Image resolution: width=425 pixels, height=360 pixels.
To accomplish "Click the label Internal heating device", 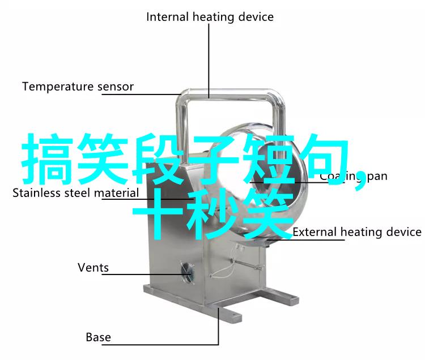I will pos(210,17).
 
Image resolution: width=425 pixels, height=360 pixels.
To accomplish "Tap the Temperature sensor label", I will pos(78,87).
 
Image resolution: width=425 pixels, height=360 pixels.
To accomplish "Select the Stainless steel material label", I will pos(75,193).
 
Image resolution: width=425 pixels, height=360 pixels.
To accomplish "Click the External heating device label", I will pos(356,232).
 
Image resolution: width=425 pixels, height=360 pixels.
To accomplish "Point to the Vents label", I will pos(93,267).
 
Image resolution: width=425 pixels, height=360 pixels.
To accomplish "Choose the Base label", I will pos(98,337).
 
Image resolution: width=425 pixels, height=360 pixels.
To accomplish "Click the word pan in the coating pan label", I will pos(376,176).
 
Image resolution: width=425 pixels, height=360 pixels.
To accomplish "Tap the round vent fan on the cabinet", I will pos(186,272).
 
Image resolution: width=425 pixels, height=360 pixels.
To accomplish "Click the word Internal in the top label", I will pos(167,17).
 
